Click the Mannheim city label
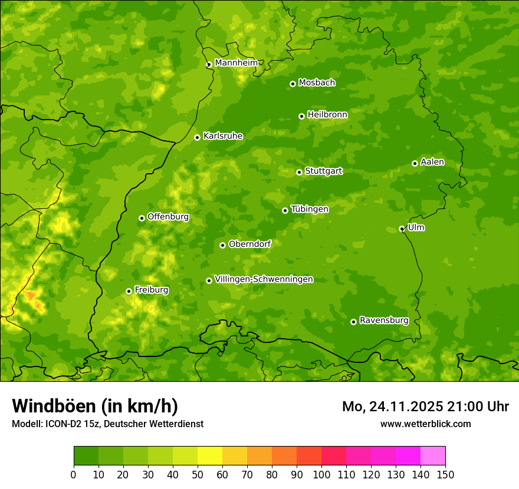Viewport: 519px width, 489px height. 236,63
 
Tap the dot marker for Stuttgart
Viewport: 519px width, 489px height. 299,172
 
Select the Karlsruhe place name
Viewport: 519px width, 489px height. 222,136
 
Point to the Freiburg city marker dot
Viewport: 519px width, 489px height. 129,291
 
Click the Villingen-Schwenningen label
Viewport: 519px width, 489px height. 264,279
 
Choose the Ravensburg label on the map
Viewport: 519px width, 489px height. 383,321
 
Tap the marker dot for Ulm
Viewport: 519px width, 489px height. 402,229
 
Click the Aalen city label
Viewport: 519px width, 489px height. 432,162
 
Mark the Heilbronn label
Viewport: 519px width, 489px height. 327,115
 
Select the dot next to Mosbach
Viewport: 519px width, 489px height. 293,84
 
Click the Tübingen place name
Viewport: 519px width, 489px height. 310,209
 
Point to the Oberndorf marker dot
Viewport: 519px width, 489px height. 222,245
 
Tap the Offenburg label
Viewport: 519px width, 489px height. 168,217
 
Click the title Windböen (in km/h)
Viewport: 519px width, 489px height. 95,406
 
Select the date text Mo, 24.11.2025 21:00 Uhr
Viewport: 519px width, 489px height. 425,407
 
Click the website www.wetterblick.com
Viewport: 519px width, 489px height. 425,424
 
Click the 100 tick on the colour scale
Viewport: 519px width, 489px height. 321,475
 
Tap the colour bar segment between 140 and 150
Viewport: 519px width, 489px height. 433,456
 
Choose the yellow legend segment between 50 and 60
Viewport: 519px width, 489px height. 210,456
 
